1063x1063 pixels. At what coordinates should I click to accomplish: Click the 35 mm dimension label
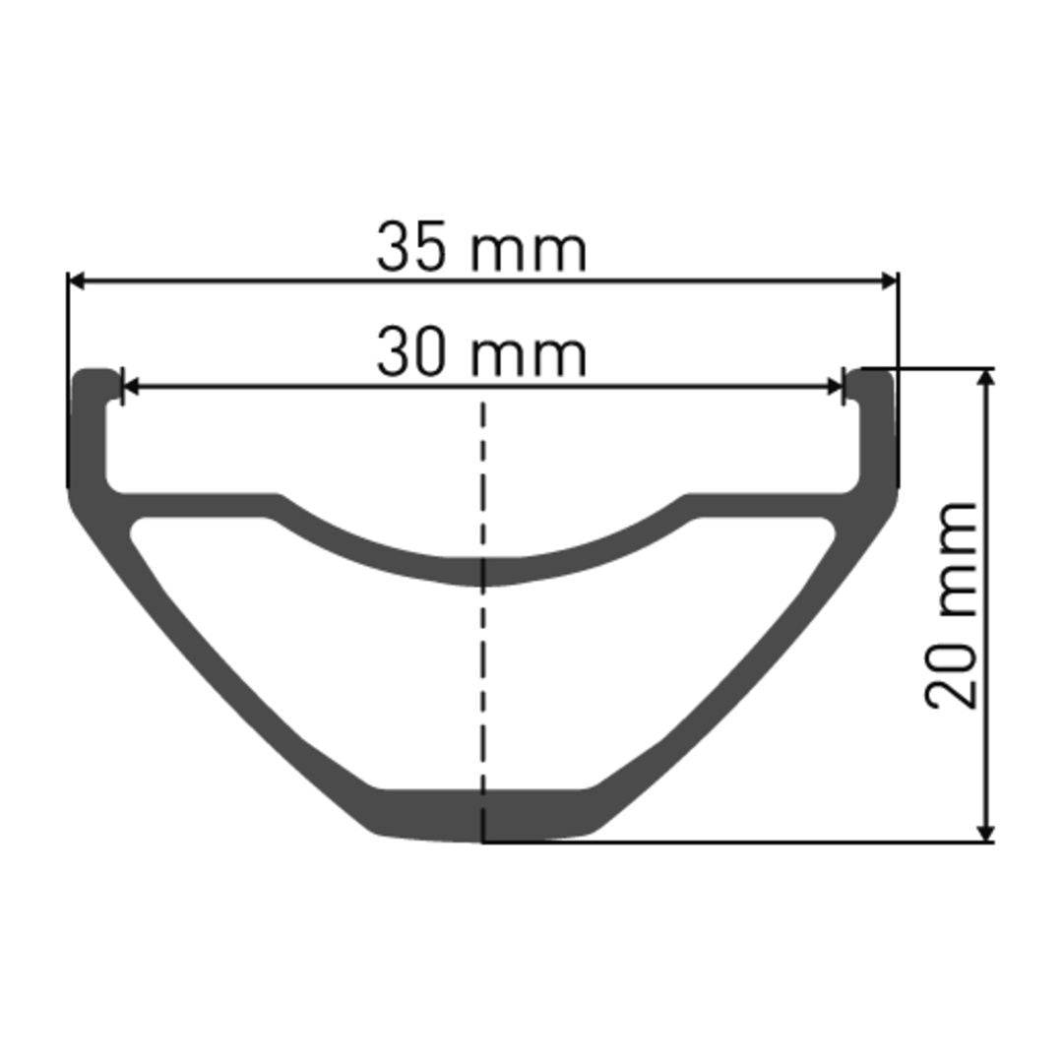tap(481, 248)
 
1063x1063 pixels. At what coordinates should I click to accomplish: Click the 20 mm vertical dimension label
tap(953, 605)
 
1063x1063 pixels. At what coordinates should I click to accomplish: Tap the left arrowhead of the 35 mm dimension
tap(77, 281)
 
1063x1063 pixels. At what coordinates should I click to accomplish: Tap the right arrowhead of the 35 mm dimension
tap(890, 281)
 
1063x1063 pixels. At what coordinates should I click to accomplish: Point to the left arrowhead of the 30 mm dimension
tap(129, 387)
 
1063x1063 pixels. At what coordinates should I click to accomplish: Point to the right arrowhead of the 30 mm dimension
tap(837, 387)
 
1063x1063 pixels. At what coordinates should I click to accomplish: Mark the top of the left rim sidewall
tap(93, 375)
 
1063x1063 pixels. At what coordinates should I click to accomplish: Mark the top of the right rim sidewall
tap(874, 375)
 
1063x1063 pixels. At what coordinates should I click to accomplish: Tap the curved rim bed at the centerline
tap(482, 571)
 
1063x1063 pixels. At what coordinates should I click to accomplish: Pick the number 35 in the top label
tap(412, 248)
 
